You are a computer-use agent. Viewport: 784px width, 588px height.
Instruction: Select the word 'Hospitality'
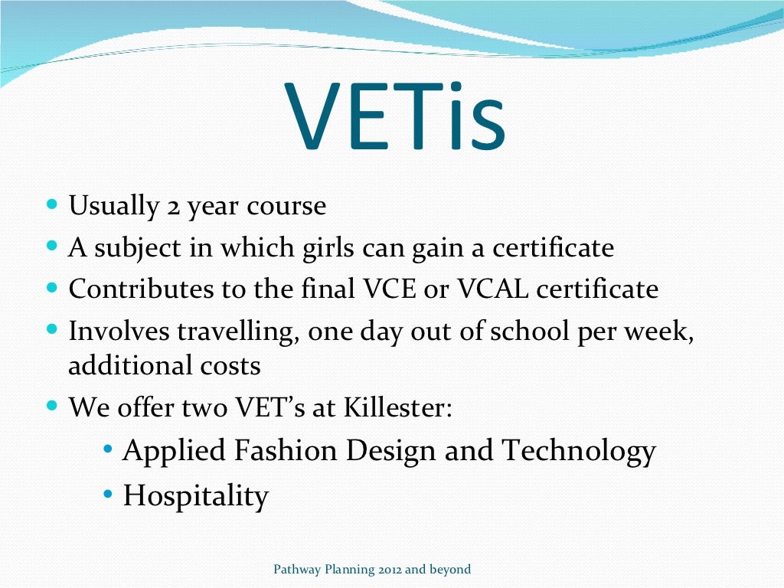coord(196,496)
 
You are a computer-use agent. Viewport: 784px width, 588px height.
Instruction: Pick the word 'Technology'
coord(579,451)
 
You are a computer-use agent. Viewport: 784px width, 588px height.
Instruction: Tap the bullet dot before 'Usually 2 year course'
coord(51,206)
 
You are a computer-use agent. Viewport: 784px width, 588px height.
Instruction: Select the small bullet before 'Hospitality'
coord(107,495)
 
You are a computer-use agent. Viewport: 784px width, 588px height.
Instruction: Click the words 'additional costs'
coord(165,366)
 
